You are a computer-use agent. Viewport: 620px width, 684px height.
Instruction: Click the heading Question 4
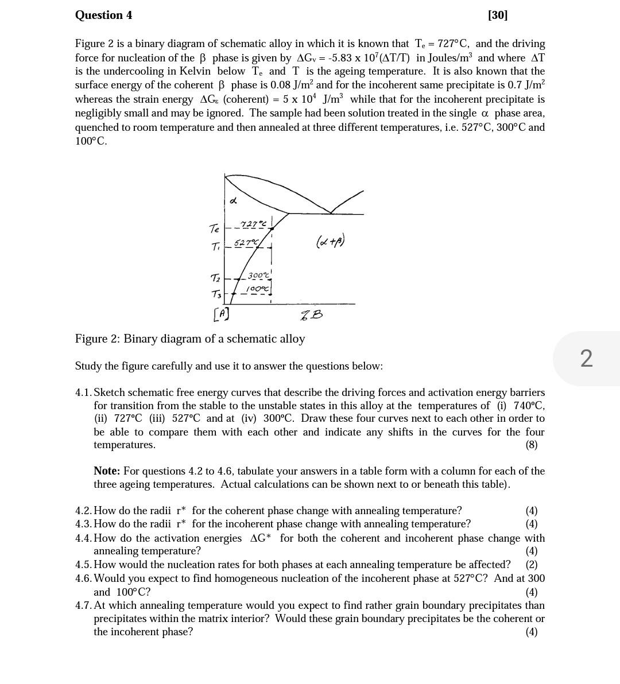tap(103, 15)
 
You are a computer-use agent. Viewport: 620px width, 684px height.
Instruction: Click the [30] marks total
tap(498, 15)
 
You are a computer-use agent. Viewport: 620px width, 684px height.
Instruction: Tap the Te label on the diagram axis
tap(214, 229)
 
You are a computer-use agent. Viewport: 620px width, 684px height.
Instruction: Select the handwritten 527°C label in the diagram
tap(246, 243)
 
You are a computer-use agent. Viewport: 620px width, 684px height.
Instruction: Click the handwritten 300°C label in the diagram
tap(258, 275)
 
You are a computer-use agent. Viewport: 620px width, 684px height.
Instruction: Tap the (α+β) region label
tap(330, 242)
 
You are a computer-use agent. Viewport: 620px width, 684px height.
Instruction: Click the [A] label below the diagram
tap(221, 314)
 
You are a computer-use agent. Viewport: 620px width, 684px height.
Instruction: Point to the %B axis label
tap(312, 314)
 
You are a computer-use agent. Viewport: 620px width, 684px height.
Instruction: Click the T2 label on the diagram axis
tap(215, 278)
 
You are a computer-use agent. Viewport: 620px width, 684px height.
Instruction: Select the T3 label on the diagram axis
tap(216, 294)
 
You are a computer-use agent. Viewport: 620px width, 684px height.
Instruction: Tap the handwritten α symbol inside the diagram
tap(233, 200)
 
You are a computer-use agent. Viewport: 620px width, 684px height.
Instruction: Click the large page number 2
tap(586, 359)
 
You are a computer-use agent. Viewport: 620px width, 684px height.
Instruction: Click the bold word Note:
tap(107, 471)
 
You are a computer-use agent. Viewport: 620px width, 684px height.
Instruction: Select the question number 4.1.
tap(83, 392)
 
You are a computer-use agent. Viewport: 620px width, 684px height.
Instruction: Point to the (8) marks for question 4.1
tap(532, 445)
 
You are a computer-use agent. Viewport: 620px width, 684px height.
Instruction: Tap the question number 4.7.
tap(83, 605)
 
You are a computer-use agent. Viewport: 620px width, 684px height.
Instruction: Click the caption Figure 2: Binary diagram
tap(190, 339)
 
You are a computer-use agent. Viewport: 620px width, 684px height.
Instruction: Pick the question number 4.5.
tap(83, 565)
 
